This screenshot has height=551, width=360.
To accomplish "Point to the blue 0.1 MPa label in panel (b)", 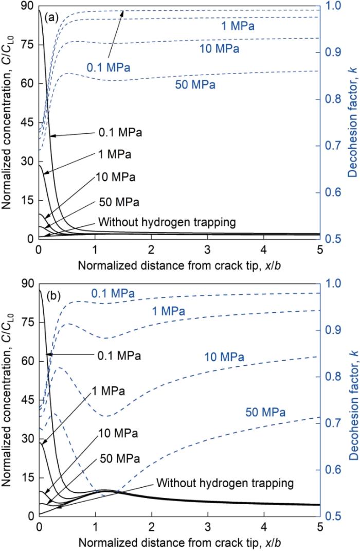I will pyautogui.click(x=113, y=294).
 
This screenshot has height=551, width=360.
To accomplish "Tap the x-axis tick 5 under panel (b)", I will pyautogui.click(x=319, y=528).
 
